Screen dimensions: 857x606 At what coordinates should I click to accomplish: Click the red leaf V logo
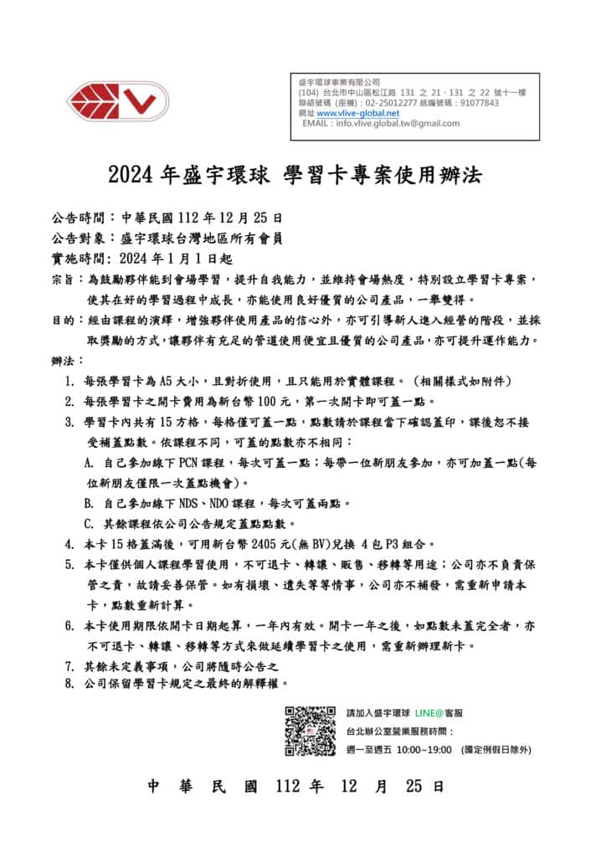pos(117,102)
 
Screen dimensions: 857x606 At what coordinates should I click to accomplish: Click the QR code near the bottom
pos(310,731)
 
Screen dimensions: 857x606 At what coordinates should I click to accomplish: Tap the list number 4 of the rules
pos(69,543)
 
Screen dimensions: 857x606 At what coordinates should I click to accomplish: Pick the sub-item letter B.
pos(89,503)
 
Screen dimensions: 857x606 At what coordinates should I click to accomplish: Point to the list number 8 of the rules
pos(69,684)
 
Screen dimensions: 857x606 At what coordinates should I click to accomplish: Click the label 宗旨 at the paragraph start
pos(61,279)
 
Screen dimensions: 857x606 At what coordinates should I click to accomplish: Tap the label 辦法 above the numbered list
pos(61,361)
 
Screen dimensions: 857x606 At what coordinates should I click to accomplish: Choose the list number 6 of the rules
pos(69,625)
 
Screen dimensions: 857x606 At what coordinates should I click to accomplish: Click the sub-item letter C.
pos(89,524)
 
